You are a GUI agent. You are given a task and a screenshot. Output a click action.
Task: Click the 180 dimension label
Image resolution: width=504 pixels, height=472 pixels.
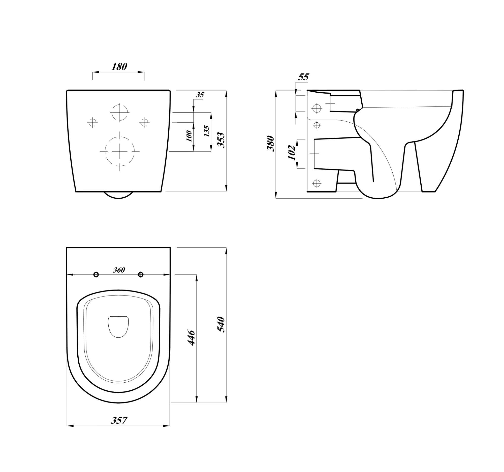(119, 67)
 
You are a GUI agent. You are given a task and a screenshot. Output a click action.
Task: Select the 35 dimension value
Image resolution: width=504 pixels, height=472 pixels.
(200, 95)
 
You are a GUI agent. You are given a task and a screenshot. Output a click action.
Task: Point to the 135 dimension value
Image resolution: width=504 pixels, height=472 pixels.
(207, 131)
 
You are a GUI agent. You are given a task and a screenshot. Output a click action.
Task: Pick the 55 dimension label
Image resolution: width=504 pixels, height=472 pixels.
(303, 77)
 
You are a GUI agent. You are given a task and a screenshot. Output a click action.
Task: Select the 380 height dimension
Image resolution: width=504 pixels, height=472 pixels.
(271, 143)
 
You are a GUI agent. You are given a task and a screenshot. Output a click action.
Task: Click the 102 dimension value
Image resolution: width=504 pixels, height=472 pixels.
(292, 153)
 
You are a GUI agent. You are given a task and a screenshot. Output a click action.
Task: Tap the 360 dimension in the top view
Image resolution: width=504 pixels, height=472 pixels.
(119, 270)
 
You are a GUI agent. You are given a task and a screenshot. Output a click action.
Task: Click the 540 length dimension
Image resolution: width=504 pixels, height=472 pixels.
(221, 324)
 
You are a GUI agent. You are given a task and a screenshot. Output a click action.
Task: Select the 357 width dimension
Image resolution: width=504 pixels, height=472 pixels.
(119, 421)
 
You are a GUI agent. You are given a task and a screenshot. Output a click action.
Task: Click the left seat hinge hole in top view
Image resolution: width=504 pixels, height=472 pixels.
(96, 275)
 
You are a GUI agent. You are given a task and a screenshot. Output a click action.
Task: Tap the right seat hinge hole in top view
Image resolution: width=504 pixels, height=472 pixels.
(141, 275)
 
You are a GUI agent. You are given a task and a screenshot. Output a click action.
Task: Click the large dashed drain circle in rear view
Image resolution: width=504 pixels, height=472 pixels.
(120, 151)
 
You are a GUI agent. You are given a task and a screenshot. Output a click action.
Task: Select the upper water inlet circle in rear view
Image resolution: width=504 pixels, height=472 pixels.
(120, 112)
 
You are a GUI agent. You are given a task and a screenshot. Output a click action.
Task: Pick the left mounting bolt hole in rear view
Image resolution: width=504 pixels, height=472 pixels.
(92, 123)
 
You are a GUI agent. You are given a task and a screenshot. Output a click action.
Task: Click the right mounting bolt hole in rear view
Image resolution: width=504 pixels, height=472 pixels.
(144, 123)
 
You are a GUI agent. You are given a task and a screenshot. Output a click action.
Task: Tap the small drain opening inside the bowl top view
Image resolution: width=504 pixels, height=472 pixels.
(118, 326)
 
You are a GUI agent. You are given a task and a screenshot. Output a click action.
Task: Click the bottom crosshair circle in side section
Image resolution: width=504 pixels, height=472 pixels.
(317, 183)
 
